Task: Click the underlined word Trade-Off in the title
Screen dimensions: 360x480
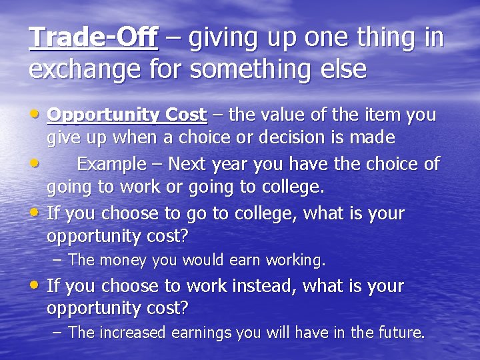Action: (94, 38)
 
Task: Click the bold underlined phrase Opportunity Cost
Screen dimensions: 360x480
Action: (127, 115)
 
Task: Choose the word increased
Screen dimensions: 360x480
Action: (133, 332)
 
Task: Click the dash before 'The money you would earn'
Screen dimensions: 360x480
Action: (59, 259)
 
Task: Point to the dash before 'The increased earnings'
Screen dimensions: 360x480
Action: (59, 332)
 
